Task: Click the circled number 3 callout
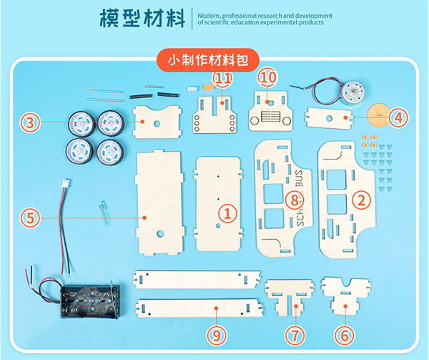[30, 122]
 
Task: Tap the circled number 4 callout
[398, 117]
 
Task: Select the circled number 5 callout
[30, 218]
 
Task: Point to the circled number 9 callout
[217, 335]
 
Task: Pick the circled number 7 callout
[295, 335]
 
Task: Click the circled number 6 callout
[345, 335]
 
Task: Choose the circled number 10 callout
[267, 78]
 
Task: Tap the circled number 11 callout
[222, 79]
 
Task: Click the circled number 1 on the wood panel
[227, 213]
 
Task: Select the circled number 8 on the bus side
[295, 200]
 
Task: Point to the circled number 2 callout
[361, 200]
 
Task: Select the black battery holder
[90, 302]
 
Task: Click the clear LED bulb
[102, 212]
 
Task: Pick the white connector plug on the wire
[66, 183]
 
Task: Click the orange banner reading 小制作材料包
[207, 60]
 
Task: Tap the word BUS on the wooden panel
[300, 178]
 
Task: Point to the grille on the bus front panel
[270, 116]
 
